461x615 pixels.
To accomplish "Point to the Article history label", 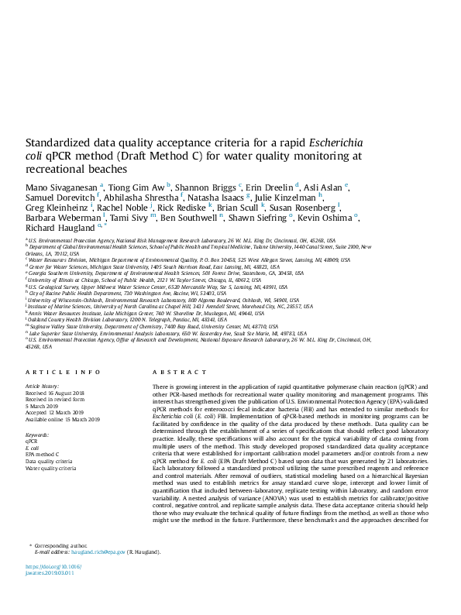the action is point(43,385).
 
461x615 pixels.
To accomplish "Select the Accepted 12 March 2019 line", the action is point(55,413).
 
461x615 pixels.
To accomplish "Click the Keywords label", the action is point(37,435).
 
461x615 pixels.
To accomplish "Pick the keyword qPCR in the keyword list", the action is point(33,441).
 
